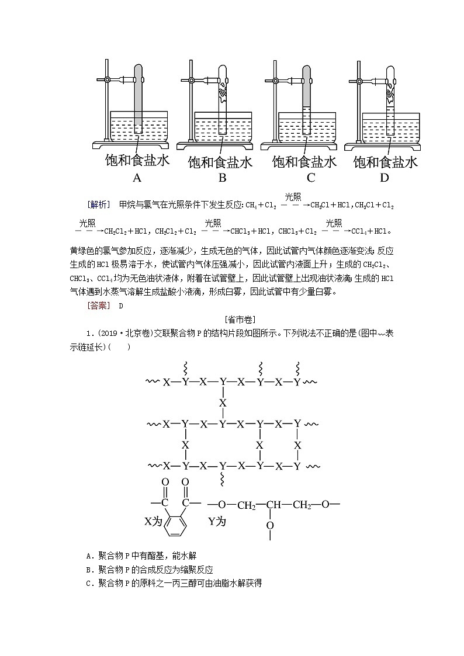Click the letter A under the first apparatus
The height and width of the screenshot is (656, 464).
click(x=137, y=178)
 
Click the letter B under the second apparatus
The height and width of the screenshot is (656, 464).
click(x=222, y=178)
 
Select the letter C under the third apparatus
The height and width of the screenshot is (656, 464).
click(x=311, y=178)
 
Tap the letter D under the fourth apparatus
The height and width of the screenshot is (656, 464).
click(x=384, y=178)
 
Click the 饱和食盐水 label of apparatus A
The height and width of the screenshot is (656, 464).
click(x=137, y=160)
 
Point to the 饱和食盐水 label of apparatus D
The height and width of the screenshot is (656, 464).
click(x=386, y=162)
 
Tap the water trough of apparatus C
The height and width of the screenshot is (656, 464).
click(x=307, y=129)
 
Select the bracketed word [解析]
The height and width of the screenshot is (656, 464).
click(x=98, y=204)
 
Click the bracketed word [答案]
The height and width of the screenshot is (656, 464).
click(x=97, y=305)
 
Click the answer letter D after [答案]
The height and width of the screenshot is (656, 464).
click(x=121, y=305)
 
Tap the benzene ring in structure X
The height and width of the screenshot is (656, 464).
click(x=174, y=524)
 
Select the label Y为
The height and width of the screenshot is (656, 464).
click(x=217, y=521)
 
